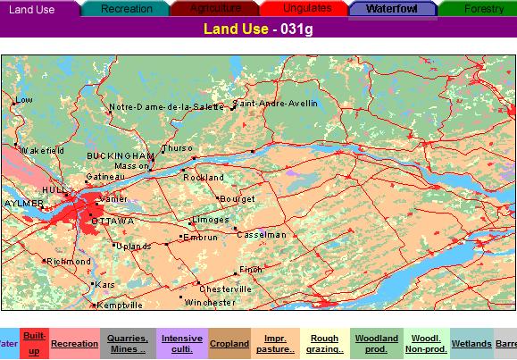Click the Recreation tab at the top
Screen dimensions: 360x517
tap(126, 8)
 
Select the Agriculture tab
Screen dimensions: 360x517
tap(215, 8)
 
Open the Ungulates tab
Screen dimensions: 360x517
tap(306, 8)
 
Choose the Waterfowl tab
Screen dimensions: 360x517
tap(391, 8)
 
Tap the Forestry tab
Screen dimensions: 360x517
tap(483, 8)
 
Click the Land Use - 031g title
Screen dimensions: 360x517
tap(258, 29)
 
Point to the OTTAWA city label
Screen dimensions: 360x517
tap(113, 221)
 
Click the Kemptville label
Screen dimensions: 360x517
tap(119, 306)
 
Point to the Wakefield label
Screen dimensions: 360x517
tap(42, 151)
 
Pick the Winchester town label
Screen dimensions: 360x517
tap(210, 303)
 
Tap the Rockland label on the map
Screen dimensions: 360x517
tap(204, 178)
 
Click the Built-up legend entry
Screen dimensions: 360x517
tap(34, 343)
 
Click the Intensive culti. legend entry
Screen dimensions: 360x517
tap(181, 343)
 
